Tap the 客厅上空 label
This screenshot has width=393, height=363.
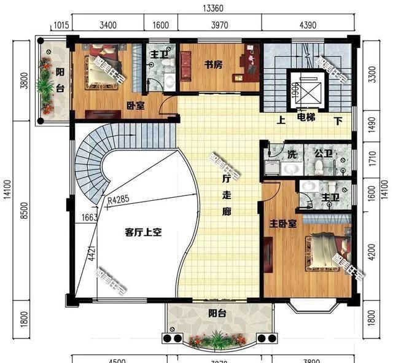142,233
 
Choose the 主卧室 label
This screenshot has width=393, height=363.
282,224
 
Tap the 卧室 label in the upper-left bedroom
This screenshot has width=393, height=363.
136,106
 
